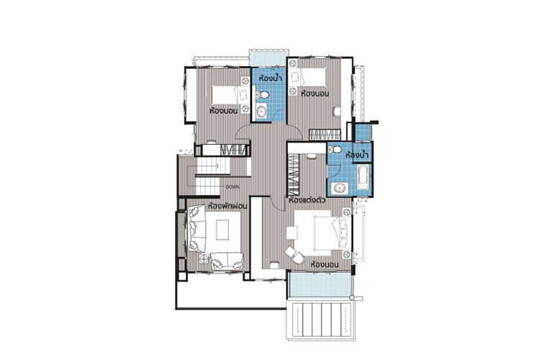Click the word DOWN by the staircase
pos(233,187)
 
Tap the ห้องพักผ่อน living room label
pos(228,206)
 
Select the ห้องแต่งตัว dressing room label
pos(307,200)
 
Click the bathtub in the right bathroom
pos(364,177)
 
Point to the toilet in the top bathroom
pos(262,94)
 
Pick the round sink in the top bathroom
pos(261,112)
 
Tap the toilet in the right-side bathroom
pos(336,150)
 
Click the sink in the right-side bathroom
pos(340,188)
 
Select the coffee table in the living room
pos(222,230)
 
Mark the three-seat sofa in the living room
pos(197,228)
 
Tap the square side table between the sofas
pos(204,258)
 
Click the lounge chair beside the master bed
pos(294,255)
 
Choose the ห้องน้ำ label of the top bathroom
pos(270,78)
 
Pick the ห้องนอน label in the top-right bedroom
pos(315,94)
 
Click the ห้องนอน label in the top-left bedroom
pos(223,111)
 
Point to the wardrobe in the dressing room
pos(294,175)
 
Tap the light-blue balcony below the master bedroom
pos(320,284)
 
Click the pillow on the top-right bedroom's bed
pos(295,77)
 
